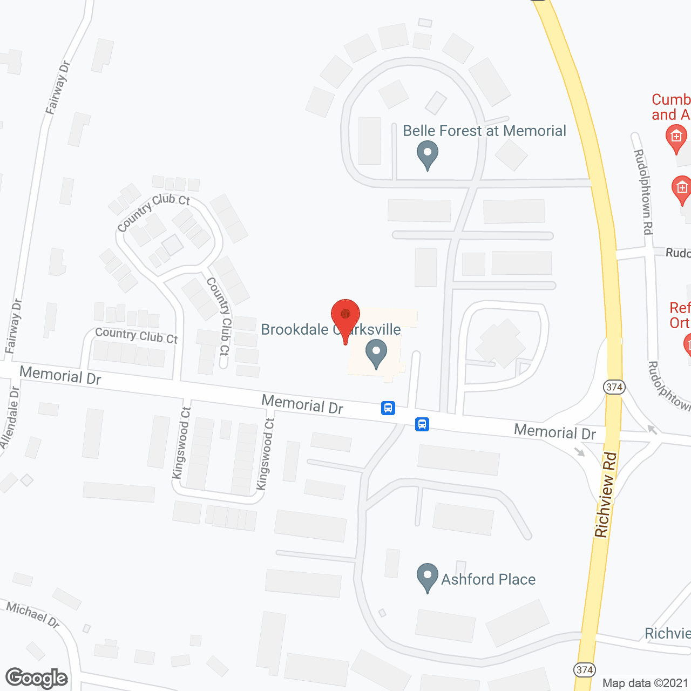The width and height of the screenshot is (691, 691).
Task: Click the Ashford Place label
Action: pos(488,579)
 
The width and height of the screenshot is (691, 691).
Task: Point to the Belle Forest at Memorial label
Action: pos(484,131)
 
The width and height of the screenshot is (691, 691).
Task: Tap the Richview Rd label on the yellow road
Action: pos(605,494)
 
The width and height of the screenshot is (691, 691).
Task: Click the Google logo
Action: pos(37,678)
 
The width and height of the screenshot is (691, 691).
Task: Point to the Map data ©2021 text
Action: pos(645,683)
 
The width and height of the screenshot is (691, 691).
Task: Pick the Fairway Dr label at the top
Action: pos(58,87)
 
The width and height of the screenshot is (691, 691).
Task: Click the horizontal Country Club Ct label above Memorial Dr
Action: pos(136,335)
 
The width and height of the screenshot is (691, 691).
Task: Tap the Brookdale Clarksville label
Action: pos(330,329)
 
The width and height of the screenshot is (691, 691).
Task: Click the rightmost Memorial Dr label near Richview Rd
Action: pos(555,432)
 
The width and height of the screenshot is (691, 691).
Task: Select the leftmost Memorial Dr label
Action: pos(60,375)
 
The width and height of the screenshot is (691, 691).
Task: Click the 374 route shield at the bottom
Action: pos(585,670)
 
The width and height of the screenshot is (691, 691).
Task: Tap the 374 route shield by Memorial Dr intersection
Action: pos(614,387)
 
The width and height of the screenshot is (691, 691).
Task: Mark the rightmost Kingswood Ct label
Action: pos(266,454)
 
